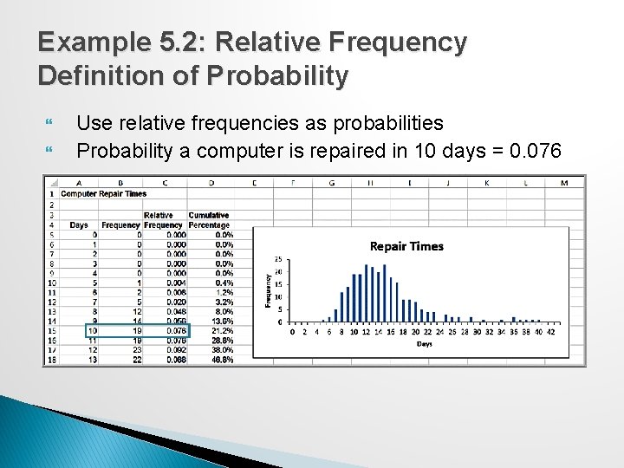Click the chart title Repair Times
click(406, 246)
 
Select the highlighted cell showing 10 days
click(93, 329)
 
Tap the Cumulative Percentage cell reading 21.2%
click(222, 329)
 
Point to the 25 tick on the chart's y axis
click(277, 259)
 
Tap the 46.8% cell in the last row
click(222, 360)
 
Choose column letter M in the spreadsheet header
click(565, 182)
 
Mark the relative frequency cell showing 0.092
click(176, 349)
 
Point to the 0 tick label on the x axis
click(292, 331)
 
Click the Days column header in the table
click(79, 224)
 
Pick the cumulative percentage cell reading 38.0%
click(222, 349)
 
